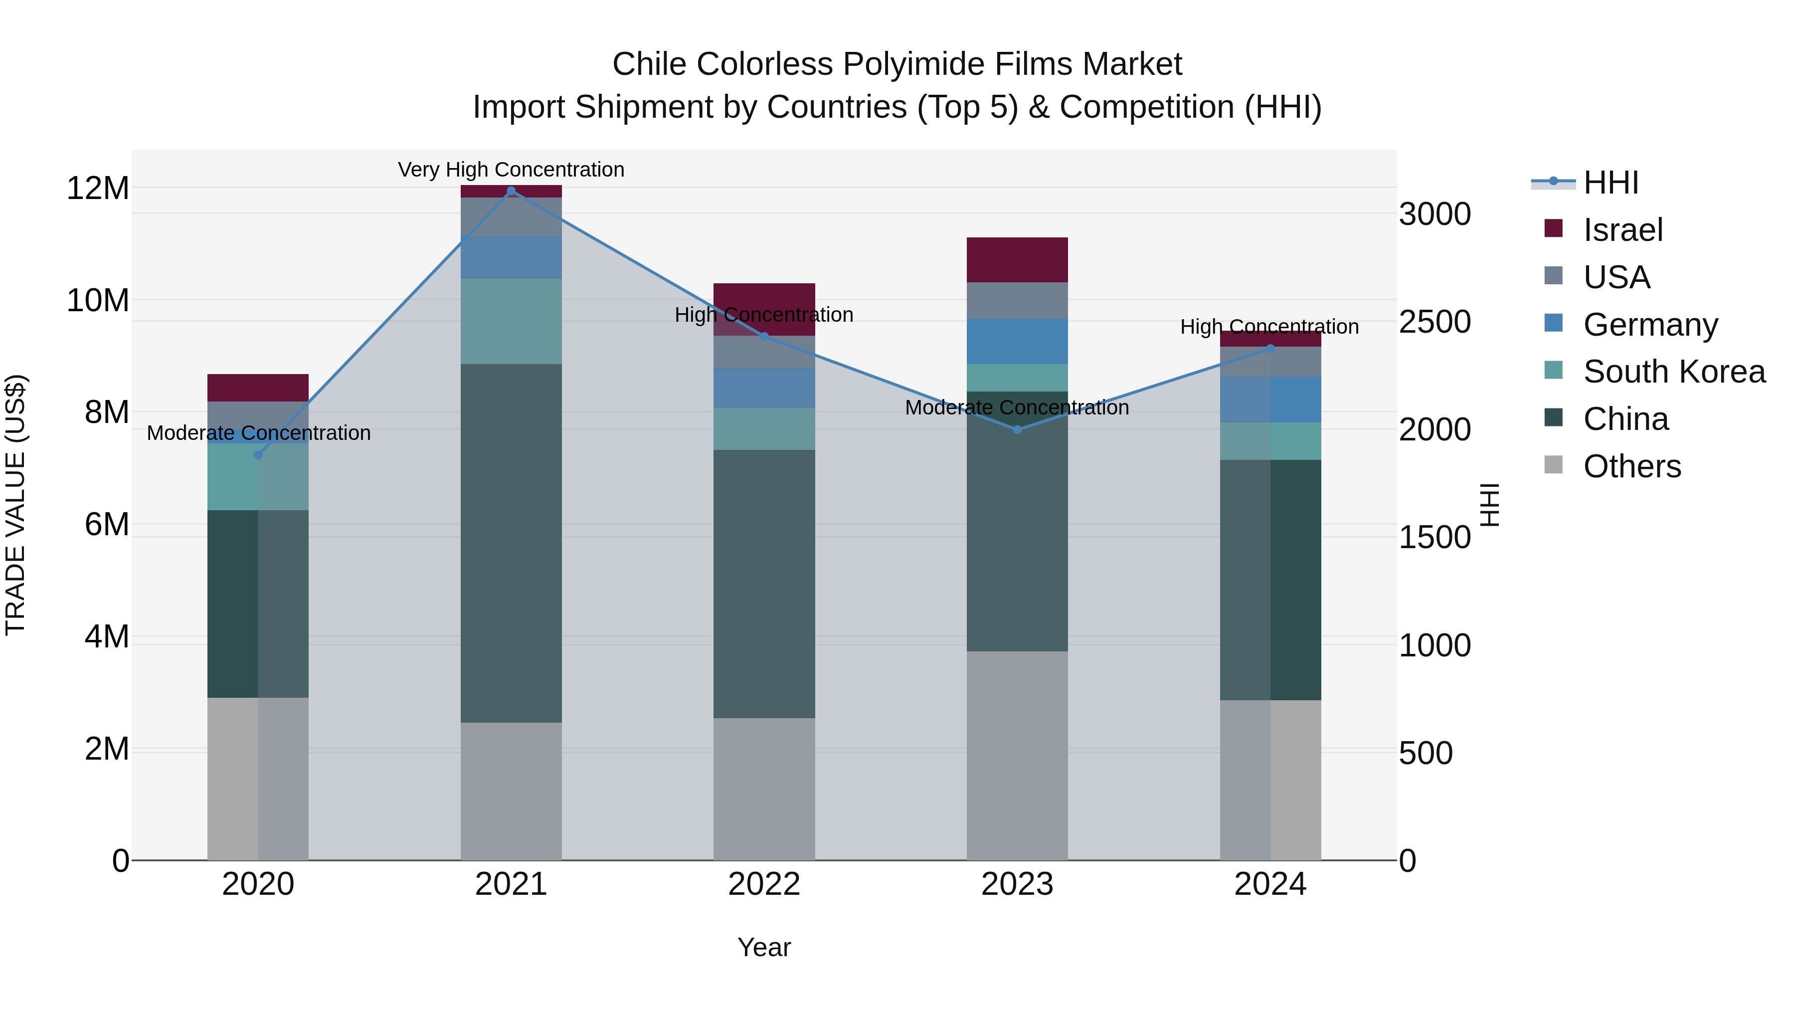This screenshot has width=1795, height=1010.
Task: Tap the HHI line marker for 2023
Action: pos(1017,429)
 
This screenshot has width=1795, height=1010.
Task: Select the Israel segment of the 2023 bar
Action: pos(1017,259)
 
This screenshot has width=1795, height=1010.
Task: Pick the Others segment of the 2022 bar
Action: pos(764,789)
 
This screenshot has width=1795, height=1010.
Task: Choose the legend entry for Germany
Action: pos(1649,325)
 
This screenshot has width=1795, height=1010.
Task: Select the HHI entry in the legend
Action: pos(1610,183)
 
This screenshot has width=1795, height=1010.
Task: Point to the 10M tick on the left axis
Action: pos(98,300)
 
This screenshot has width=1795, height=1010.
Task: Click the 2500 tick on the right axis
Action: pos(1434,322)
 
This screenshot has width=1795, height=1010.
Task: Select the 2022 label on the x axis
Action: pos(764,884)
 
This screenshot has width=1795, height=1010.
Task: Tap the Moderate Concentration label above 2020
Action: pos(258,433)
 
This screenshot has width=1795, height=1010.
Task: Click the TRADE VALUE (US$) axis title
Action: pos(15,505)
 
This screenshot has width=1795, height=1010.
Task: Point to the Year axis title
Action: pos(764,947)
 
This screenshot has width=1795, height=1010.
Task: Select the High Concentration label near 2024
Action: pos(1269,326)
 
